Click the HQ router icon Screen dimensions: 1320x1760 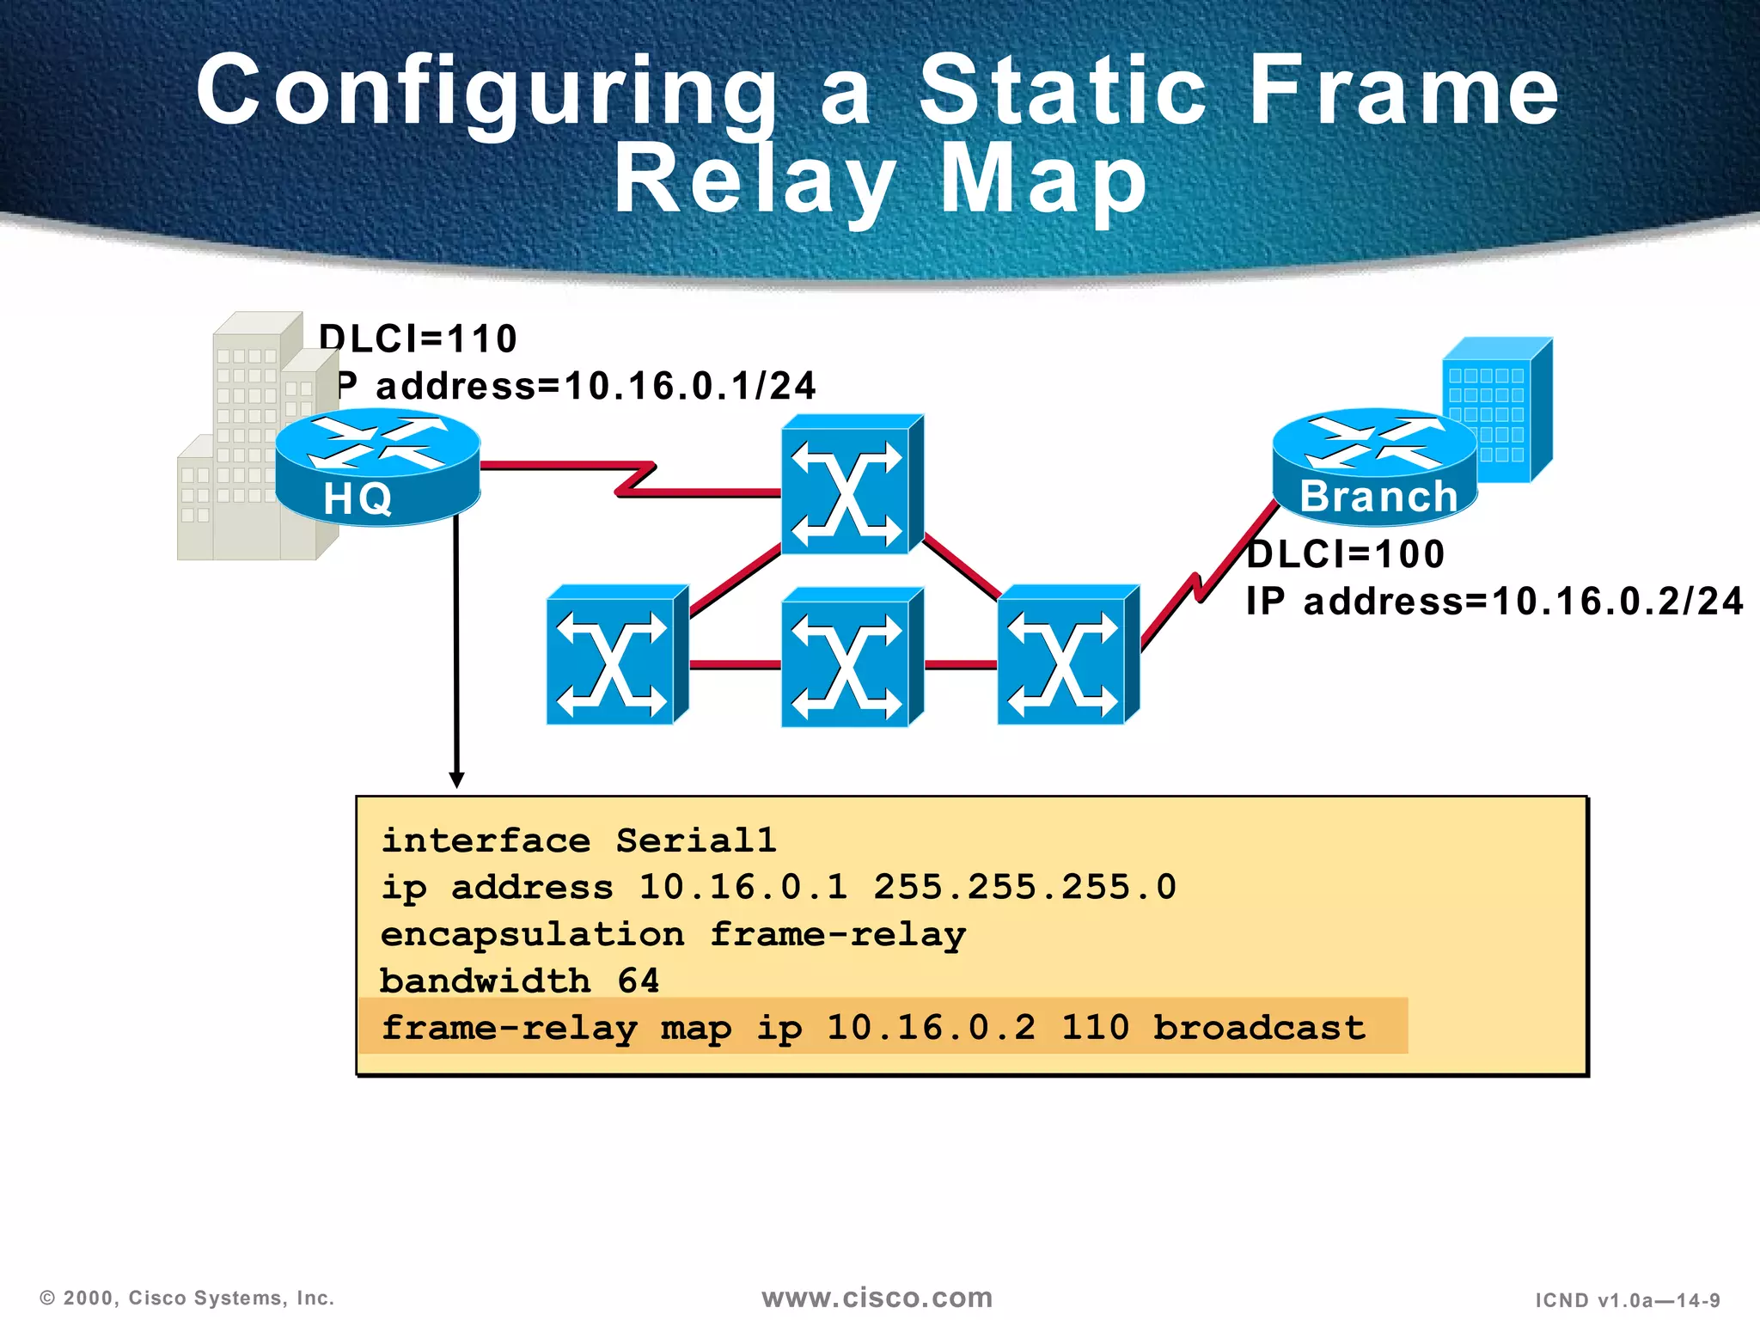click(x=377, y=468)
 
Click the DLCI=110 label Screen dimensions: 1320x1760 click(x=419, y=339)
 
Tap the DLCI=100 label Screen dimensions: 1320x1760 click(x=1346, y=554)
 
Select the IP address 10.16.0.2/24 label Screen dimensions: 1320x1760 click(x=1494, y=602)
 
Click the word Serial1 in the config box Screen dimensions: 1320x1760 click(x=696, y=840)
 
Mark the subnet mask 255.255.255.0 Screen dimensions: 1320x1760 click(x=1024, y=887)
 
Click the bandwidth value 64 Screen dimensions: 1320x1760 click(x=639, y=981)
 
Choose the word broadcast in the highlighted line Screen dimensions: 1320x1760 click(x=1259, y=1028)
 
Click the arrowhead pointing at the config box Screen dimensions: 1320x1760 click(x=457, y=779)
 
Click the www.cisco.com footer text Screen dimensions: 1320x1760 click(x=877, y=1298)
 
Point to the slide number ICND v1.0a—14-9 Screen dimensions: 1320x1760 click(x=1628, y=1300)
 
